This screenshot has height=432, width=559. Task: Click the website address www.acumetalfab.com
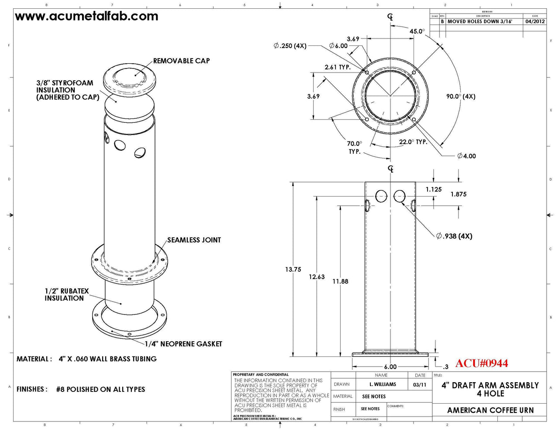point(86,16)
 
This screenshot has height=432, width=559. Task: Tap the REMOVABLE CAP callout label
point(181,61)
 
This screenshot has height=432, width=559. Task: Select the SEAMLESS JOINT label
point(194,240)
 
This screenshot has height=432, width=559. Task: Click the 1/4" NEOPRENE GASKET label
point(183,344)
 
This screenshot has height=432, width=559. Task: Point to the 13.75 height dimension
point(293,270)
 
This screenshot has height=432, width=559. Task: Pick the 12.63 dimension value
point(317,276)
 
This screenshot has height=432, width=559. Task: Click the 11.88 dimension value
point(340,281)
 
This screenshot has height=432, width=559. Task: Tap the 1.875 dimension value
point(459,194)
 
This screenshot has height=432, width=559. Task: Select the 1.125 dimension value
point(434,189)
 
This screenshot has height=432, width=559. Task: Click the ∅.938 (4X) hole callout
point(454,236)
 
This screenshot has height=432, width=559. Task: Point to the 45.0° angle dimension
point(417,31)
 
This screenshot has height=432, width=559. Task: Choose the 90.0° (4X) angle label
point(461,96)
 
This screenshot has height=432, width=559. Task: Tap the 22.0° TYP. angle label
point(413,142)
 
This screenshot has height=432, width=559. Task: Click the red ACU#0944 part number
point(482,363)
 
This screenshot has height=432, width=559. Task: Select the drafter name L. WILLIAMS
point(383,384)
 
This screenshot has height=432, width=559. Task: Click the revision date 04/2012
point(535,21)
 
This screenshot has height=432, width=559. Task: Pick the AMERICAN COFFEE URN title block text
point(490,410)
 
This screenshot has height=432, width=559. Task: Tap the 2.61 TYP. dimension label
point(338,67)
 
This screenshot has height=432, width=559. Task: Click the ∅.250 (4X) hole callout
point(290,45)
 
